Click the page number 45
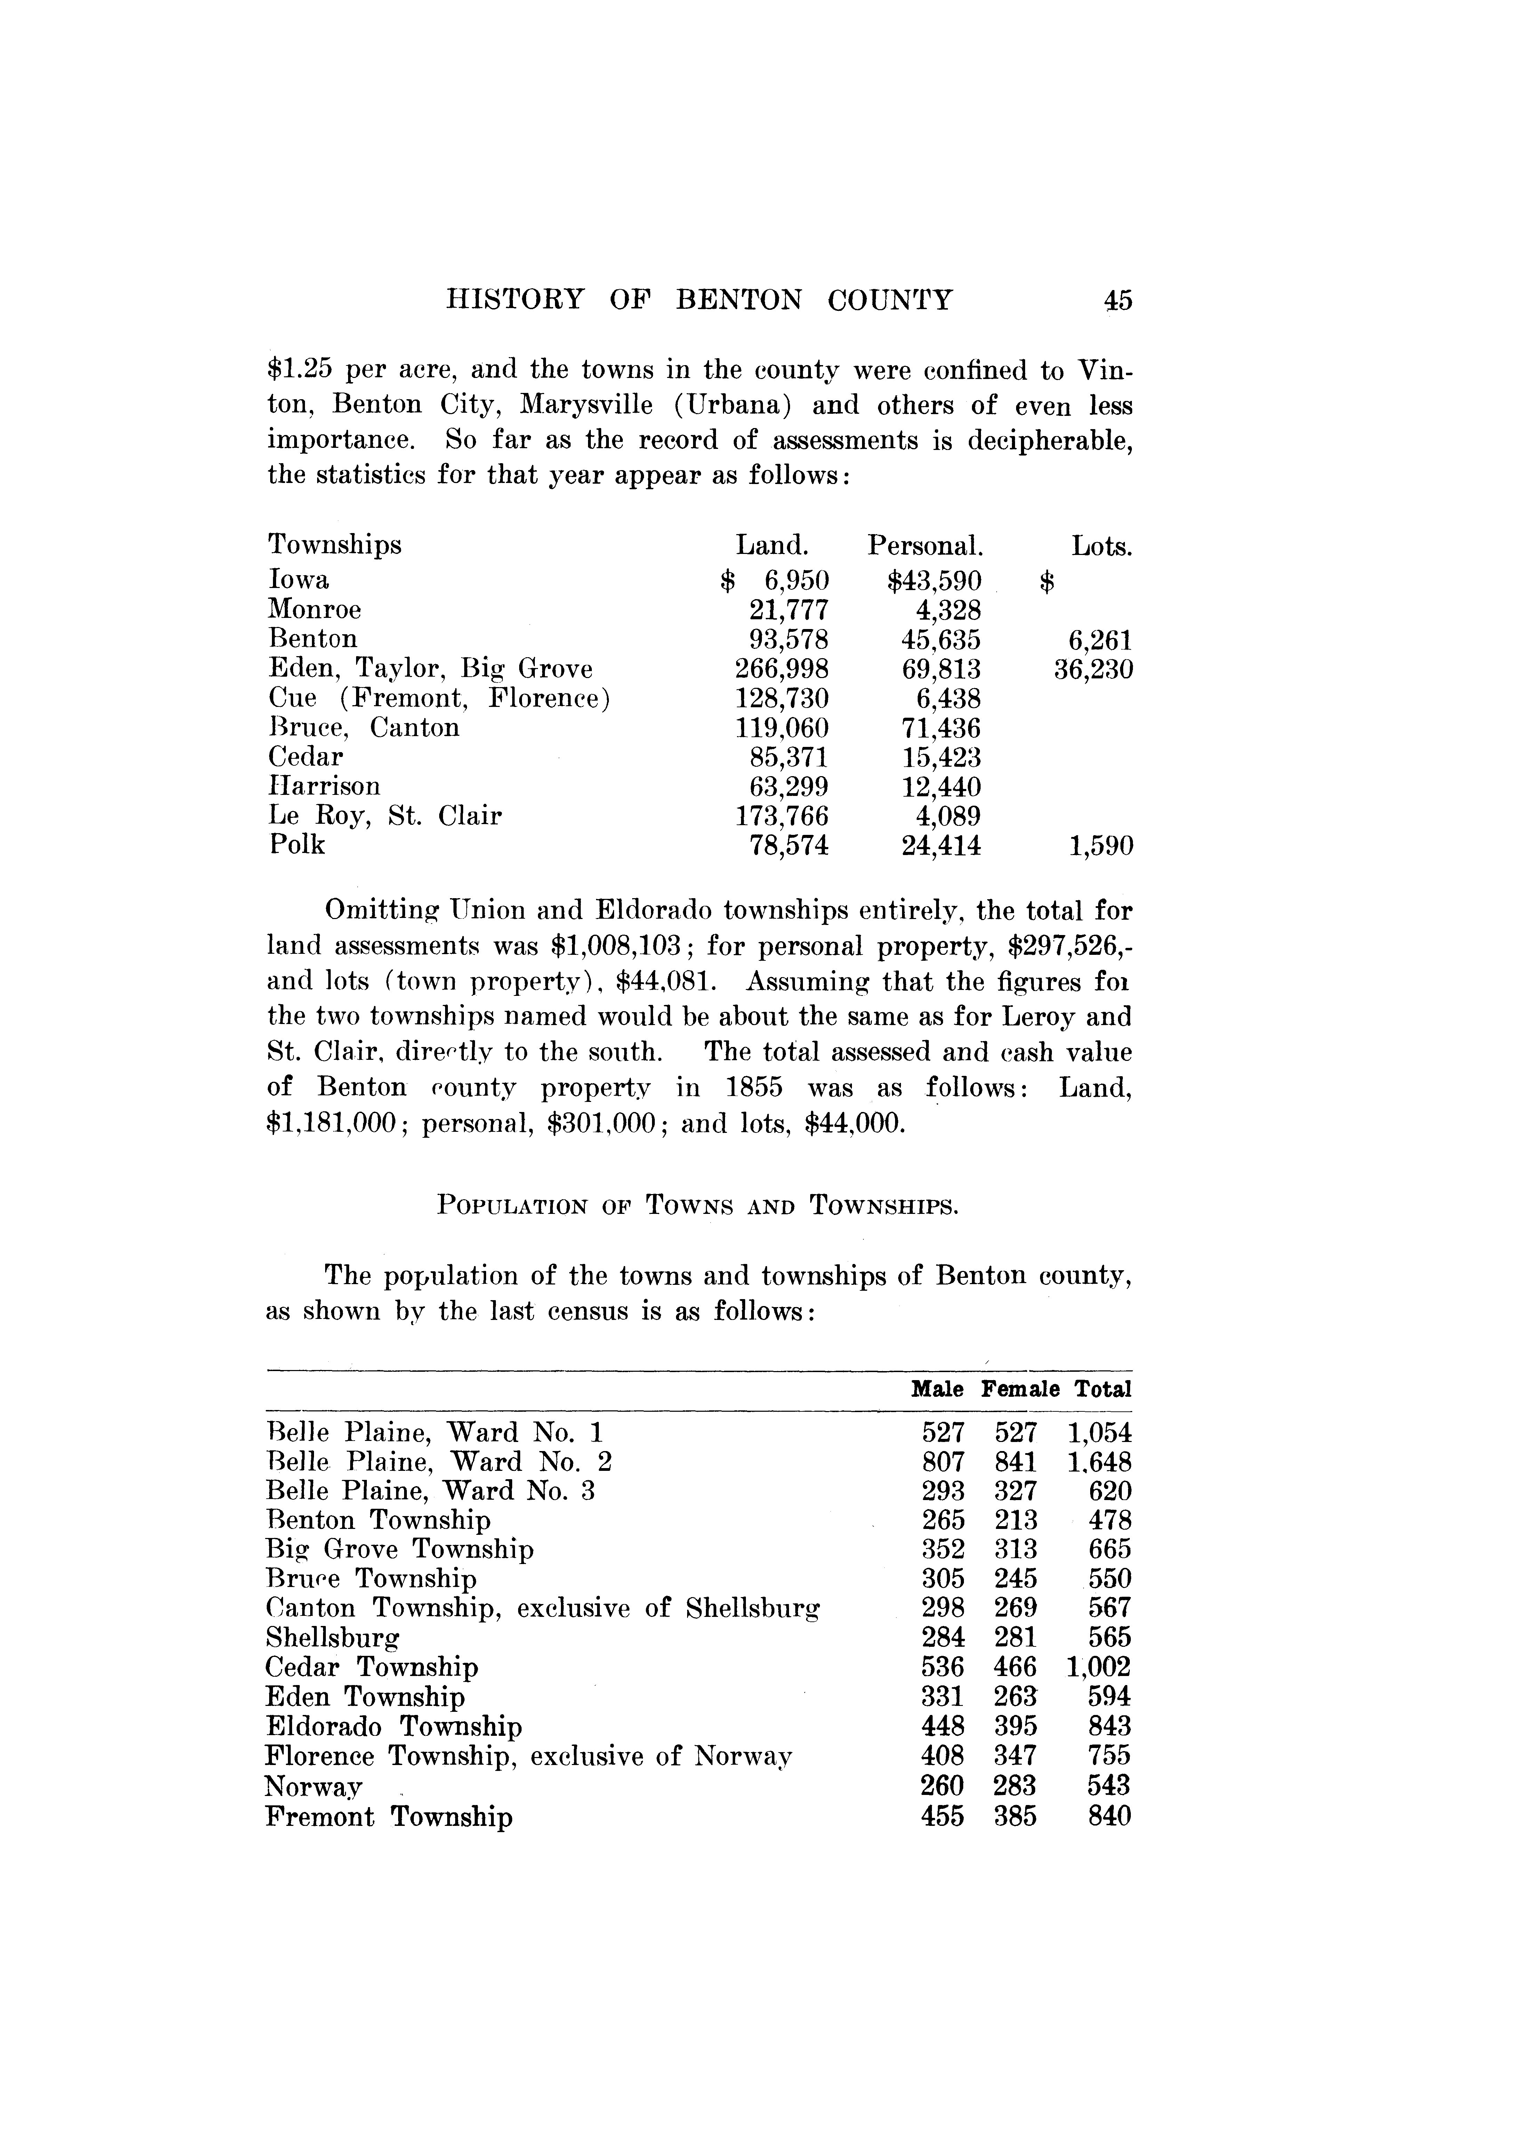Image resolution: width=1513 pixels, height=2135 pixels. click(x=1117, y=300)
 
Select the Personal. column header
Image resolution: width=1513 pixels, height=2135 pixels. click(x=925, y=545)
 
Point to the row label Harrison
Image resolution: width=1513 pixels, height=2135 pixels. click(x=324, y=786)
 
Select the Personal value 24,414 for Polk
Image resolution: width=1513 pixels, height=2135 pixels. click(x=941, y=846)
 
